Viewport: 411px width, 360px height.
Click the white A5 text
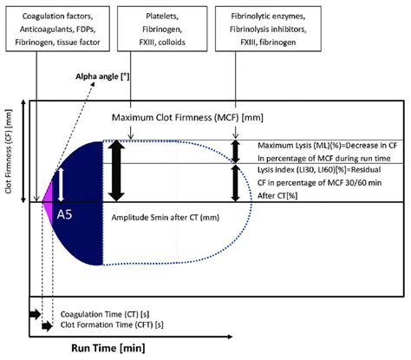(64, 210)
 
